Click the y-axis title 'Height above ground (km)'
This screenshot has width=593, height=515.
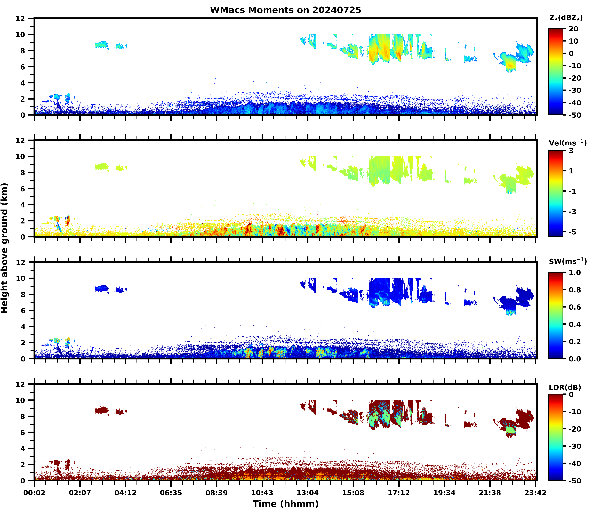coord(5,248)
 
